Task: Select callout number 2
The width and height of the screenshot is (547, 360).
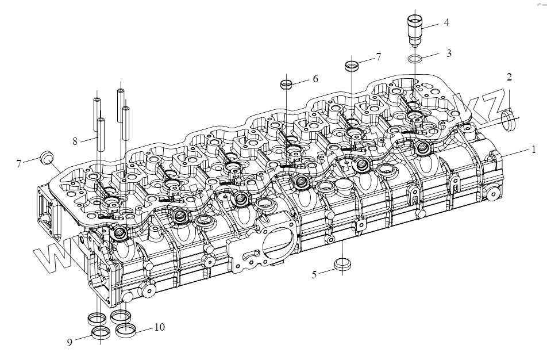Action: tap(509, 76)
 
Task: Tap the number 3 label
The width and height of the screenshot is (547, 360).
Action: tap(449, 53)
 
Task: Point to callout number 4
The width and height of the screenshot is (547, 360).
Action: tap(446, 23)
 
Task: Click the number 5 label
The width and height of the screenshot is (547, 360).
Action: tap(314, 274)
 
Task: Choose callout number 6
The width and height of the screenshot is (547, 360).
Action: tap(315, 79)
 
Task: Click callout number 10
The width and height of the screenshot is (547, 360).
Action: tap(159, 327)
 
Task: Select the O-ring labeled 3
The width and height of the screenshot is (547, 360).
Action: tap(416, 59)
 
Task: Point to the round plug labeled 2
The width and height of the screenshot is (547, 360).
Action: tap(508, 120)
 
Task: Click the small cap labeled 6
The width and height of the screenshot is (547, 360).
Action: tap(287, 85)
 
